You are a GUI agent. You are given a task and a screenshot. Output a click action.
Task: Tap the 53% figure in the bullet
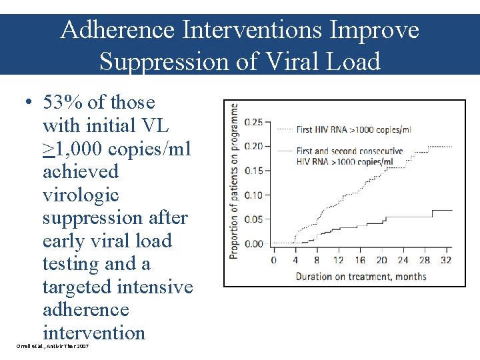64,103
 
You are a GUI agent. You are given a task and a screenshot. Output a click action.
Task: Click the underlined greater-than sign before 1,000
48,149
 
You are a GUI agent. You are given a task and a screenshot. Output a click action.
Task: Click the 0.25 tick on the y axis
254,122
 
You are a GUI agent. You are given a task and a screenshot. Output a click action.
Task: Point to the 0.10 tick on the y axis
254,195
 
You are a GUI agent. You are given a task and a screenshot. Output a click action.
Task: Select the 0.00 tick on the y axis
254,243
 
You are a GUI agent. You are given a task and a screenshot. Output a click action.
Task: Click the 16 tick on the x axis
360,259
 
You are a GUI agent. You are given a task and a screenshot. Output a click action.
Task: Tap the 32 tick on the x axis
446,259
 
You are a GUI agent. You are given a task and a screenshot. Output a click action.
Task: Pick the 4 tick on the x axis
295,259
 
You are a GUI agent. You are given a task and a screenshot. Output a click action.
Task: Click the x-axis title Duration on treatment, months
361,276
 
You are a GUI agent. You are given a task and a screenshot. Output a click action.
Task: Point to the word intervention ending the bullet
93,333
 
